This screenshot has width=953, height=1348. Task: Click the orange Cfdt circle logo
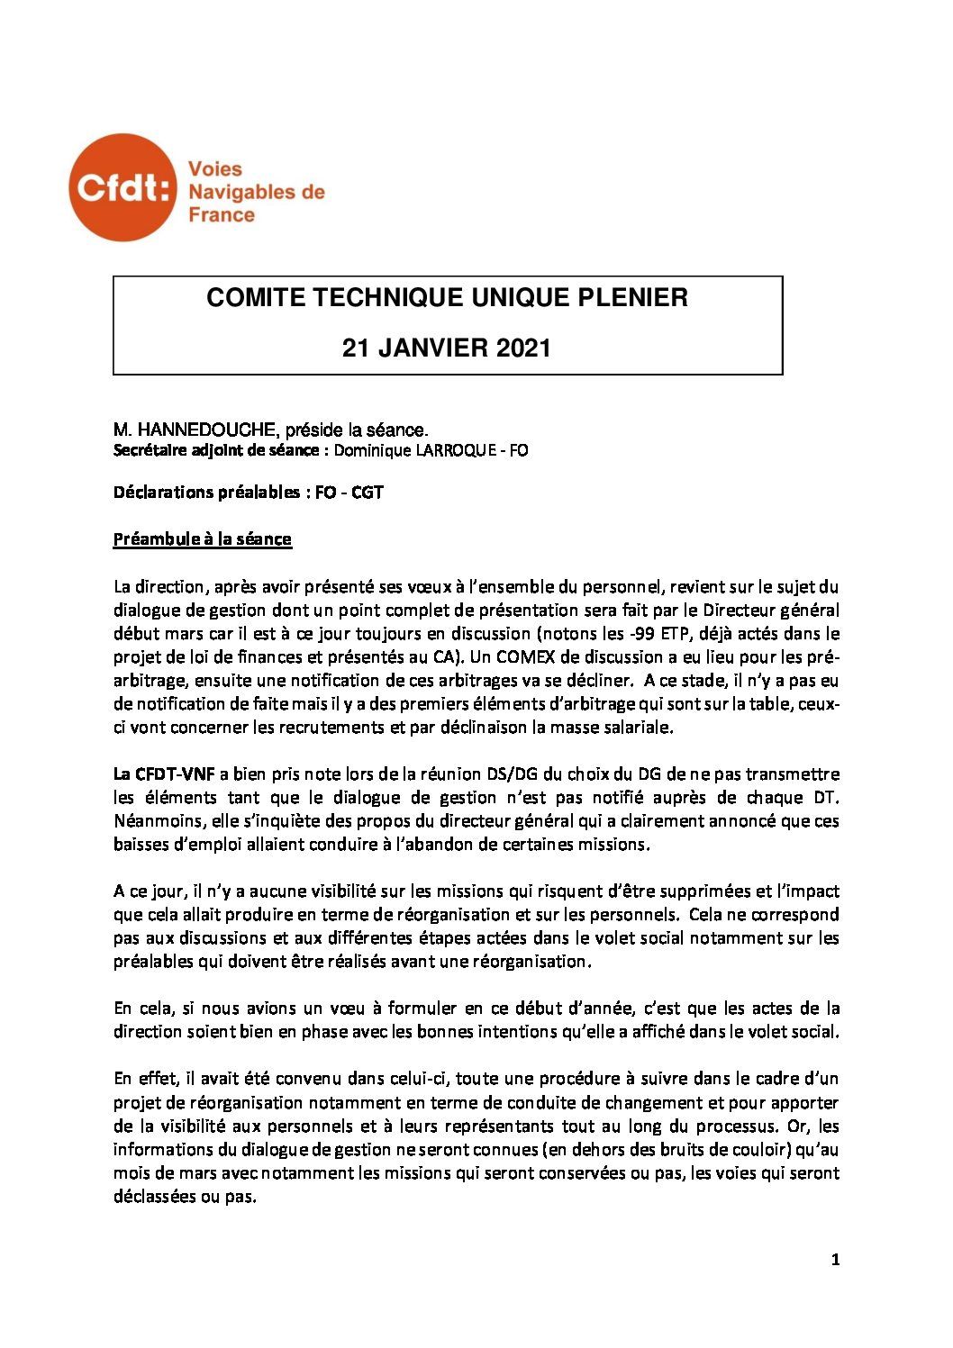tap(123, 187)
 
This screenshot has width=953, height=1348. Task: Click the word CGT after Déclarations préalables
tap(367, 493)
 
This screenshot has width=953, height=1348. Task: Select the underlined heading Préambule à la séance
tap(202, 539)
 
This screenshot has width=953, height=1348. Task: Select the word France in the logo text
tap(221, 215)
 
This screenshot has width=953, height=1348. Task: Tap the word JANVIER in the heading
tap(435, 348)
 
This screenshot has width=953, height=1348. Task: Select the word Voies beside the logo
tap(214, 168)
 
